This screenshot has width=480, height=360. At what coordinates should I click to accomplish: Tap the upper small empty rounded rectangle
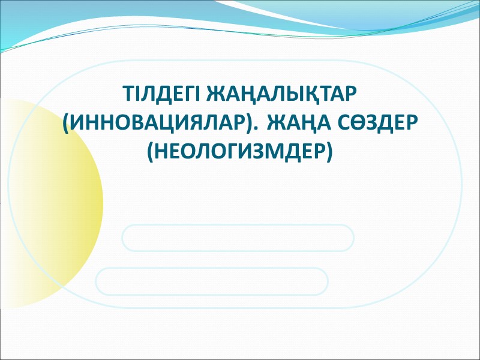click(x=238, y=238)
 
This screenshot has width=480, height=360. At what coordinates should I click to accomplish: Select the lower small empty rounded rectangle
click(x=212, y=281)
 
